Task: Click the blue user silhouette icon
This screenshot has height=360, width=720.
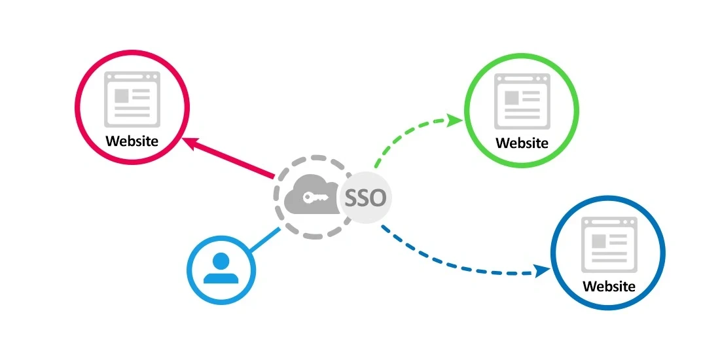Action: click(221, 268)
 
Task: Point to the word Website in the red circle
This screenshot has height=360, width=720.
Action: click(132, 141)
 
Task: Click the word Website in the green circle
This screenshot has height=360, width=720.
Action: click(522, 143)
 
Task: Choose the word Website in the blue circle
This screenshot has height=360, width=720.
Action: click(609, 286)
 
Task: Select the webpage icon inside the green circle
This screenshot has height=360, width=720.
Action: click(522, 100)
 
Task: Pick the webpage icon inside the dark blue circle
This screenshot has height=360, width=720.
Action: click(609, 243)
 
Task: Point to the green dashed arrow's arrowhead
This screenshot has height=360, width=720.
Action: click(457, 120)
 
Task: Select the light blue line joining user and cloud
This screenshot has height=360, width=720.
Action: click(264, 240)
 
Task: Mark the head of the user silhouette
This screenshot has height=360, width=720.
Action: click(221, 261)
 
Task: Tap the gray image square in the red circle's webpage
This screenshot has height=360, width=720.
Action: click(122, 96)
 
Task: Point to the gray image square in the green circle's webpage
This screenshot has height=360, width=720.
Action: click(511, 98)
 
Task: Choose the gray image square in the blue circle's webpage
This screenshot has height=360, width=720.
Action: click(598, 240)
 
